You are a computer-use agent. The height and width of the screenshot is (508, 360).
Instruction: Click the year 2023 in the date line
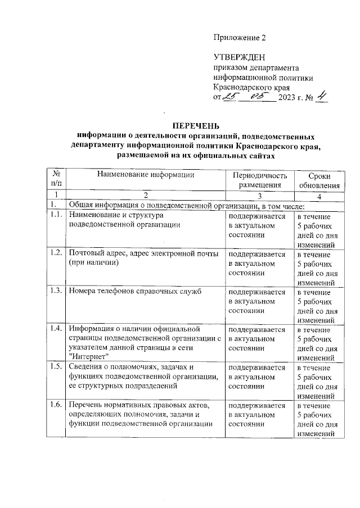(289, 98)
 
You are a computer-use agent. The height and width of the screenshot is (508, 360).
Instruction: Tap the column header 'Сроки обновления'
(319, 180)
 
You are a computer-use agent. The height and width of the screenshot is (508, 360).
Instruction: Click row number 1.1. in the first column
(55, 215)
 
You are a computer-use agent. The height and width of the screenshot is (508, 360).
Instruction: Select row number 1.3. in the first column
(55, 291)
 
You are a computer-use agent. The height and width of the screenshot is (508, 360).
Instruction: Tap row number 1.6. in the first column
(55, 405)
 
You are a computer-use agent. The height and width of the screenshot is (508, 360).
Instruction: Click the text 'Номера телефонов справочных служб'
(135, 291)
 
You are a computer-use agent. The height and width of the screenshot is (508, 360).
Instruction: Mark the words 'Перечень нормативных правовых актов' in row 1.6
(138, 405)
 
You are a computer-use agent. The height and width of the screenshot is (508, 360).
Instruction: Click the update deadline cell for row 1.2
(319, 267)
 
